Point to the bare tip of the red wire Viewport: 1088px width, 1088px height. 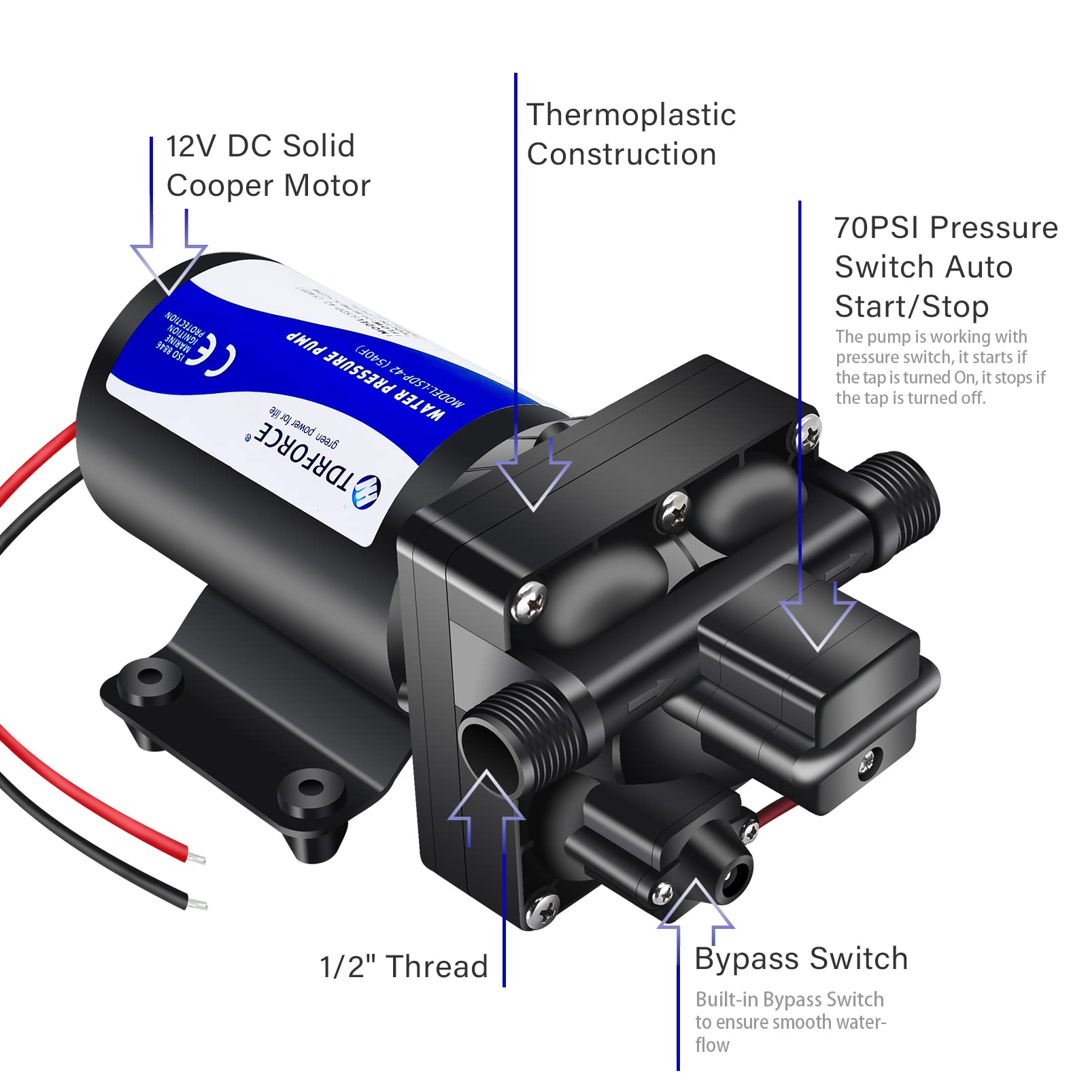tap(197, 857)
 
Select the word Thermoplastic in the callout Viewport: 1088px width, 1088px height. tap(630, 115)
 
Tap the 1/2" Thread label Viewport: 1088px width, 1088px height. tap(404, 966)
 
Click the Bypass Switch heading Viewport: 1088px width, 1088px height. tap(801, 959)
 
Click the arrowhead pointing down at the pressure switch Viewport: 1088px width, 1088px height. tap(817, 622)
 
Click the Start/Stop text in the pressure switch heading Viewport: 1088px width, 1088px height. tap(911, 307)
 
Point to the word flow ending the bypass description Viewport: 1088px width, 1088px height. tap(712, 1044)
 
